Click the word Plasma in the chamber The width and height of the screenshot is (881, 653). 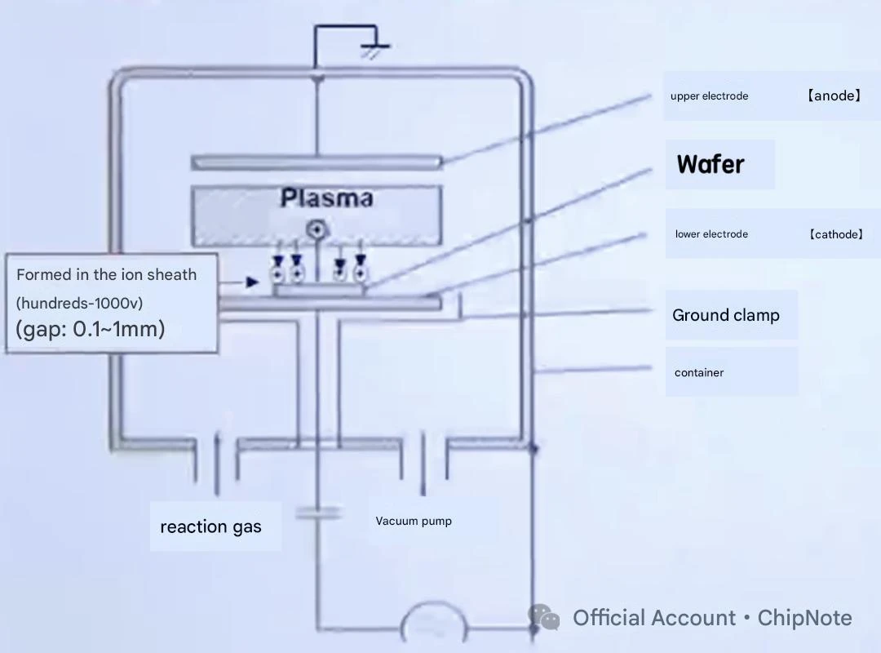(326, 198)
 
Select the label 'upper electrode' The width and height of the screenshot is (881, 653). (709, 96)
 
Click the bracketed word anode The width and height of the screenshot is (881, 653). (834, 96)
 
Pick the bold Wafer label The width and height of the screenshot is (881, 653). (711, 164)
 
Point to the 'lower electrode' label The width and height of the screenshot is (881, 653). (711, 234)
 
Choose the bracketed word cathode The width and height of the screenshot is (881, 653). (836, 234)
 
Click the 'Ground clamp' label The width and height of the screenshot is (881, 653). (726, 315)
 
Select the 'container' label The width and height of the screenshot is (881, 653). (699, 372)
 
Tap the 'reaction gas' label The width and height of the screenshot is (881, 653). (210, 527)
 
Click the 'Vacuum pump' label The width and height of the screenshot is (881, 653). (414, 521)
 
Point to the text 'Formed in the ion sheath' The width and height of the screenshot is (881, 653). (106, 274)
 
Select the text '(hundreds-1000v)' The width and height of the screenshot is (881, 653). (79, 303)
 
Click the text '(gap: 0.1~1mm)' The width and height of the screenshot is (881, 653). (90, 329)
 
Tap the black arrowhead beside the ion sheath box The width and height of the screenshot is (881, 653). (252, 282)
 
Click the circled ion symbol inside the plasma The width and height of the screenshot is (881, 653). (317, 229)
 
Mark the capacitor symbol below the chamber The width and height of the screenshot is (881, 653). (318, 513)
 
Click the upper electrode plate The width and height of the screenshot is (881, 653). (317, 162)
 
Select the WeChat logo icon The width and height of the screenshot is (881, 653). (544, 617)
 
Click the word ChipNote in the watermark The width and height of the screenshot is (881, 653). (804, 618)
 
